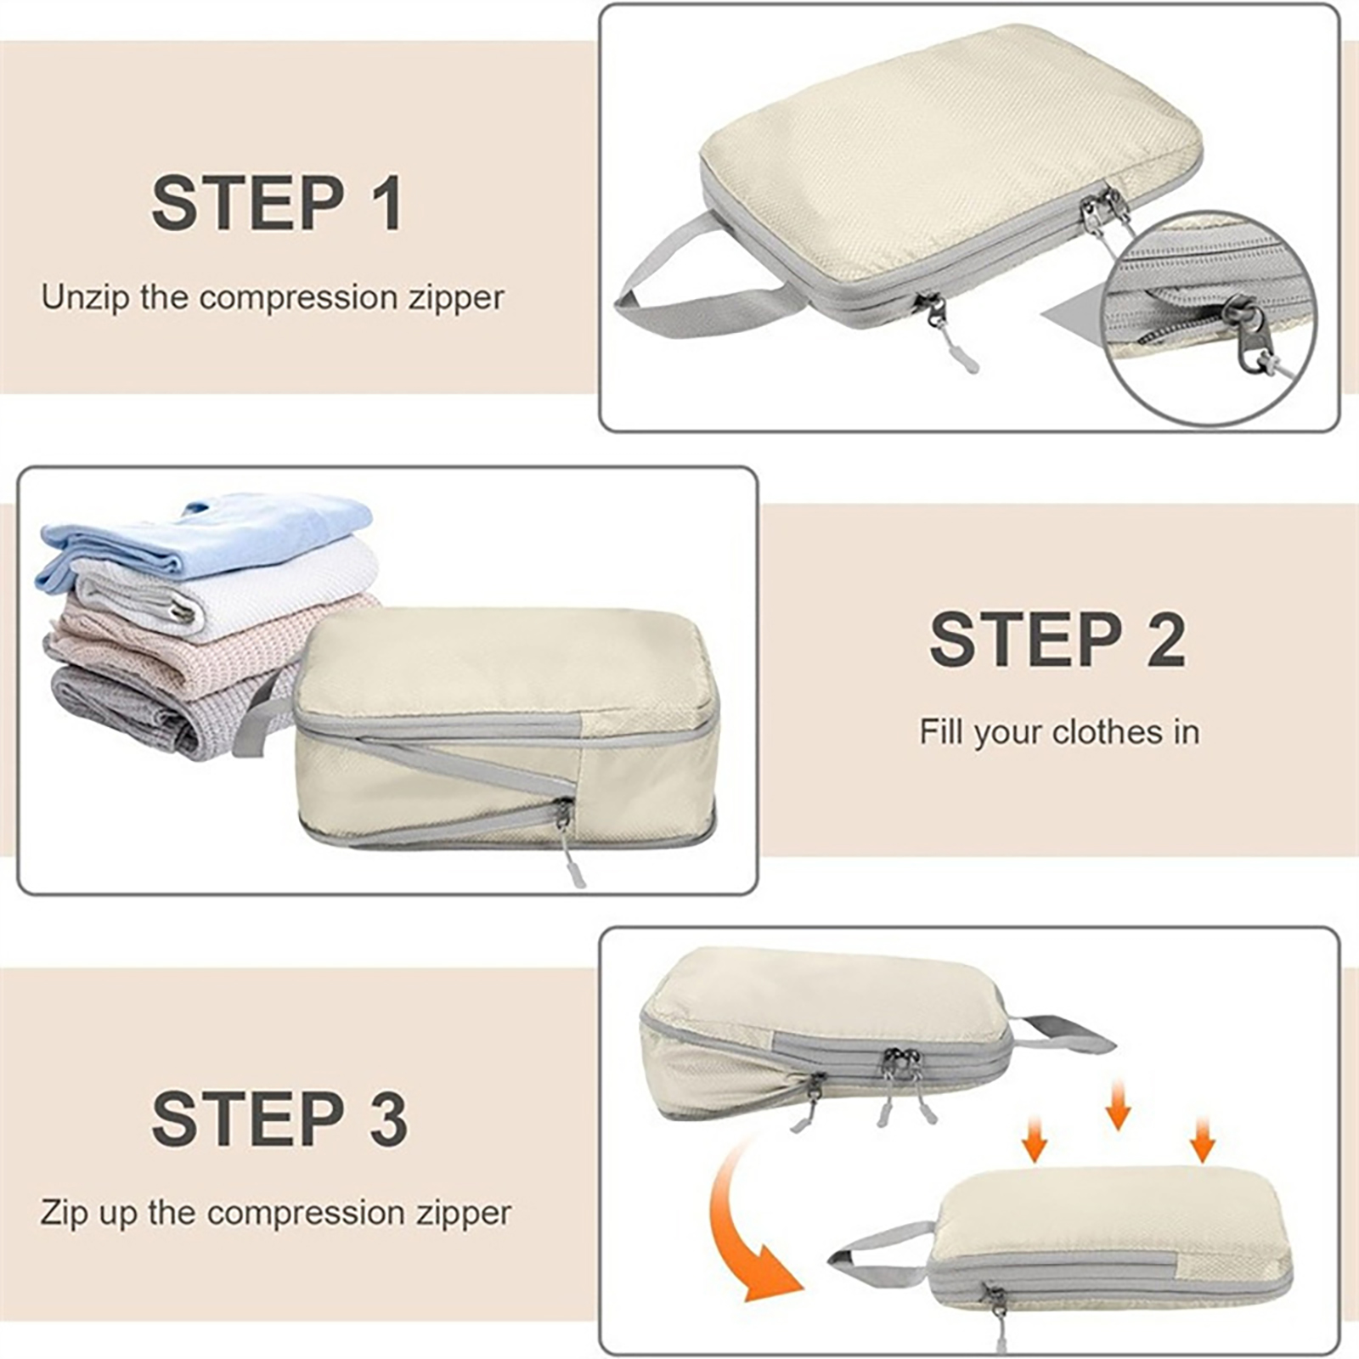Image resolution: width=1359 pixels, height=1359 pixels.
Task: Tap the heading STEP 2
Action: point(1057,639)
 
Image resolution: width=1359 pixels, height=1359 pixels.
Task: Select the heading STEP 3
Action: point(279,1119)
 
